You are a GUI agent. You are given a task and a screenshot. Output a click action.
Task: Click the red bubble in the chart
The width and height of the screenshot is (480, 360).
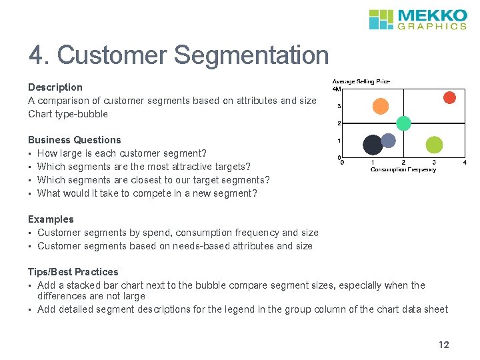click(450, 98)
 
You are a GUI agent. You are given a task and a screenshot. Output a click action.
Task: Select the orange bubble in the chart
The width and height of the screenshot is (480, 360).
click(380, 106)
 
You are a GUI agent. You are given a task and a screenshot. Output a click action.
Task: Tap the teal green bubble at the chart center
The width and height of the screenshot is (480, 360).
click(403, 123)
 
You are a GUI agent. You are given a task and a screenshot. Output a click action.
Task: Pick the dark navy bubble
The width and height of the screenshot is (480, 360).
click(373, 144)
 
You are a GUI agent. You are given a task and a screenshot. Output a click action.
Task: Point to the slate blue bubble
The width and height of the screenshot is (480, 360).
click(388, 140)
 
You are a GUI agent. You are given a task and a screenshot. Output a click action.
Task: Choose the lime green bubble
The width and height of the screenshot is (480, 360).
click(434, 144)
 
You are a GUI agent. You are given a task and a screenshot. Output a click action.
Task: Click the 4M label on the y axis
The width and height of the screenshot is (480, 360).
click(337, 89)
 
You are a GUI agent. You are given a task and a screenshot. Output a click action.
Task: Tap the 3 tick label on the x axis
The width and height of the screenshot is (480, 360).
click(434, 162)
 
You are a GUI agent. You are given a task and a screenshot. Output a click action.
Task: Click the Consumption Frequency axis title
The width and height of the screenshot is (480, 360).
click(403, 169)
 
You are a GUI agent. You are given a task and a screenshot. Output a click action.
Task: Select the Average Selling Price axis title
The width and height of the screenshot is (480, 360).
click(361, 81)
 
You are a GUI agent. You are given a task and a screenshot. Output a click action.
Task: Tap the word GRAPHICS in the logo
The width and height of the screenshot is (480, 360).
click(433, 27)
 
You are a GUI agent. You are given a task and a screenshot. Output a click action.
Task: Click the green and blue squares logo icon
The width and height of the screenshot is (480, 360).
click(382, 19)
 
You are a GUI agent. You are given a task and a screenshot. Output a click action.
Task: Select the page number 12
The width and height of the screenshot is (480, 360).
click(444, 345)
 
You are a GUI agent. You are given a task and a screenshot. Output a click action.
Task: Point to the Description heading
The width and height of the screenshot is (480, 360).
click(55, 87)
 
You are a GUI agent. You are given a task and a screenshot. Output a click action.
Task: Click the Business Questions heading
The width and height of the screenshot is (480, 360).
click(75, 140)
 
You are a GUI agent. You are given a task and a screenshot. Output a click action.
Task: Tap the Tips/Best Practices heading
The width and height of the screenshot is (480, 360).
click(73, 272)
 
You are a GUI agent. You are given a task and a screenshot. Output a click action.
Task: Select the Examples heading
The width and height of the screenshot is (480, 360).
click(51, 219)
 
